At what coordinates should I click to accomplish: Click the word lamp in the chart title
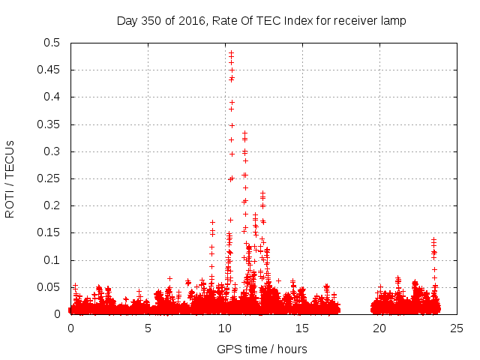(392, 21)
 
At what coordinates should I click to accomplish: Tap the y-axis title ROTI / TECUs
(10, 178)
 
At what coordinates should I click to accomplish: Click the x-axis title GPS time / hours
(262, 349)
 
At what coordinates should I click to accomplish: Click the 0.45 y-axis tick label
(50, 70)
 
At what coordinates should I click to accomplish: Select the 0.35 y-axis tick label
(50, 124)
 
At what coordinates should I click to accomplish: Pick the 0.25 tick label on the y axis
(50, 178)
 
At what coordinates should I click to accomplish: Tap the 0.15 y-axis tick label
(50, 233)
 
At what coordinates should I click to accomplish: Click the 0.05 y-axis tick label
(50, 287)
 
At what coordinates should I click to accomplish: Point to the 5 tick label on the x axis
(148, 328)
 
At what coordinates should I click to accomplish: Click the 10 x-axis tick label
(225, 328)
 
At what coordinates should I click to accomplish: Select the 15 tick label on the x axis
(302, 328)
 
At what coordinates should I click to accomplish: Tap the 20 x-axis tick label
(379, 328)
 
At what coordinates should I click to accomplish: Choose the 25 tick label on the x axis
(457, 328)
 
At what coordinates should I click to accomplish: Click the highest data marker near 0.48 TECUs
(231, 53)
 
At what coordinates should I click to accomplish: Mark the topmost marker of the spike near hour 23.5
(433, 239)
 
